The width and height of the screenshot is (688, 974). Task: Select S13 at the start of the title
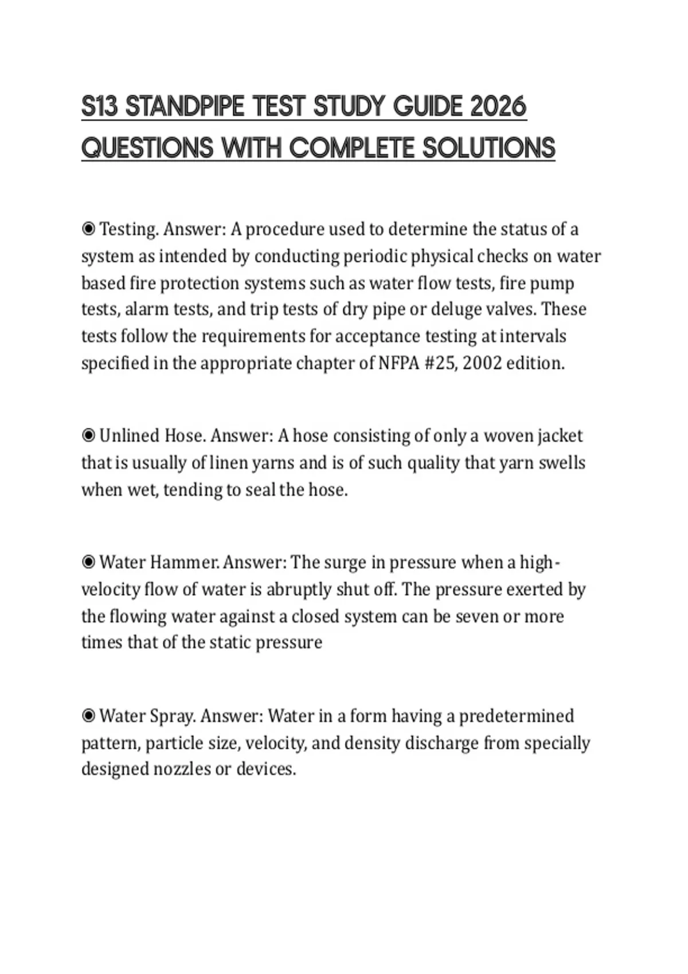[100, 107]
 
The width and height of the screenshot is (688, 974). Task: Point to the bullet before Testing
[88, 230]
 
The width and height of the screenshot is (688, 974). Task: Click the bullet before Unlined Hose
[88, 436]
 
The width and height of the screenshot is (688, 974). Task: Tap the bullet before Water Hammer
[88, 563]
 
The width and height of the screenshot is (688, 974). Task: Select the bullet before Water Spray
[88, 716]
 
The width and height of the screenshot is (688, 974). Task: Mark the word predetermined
[517, 716]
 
